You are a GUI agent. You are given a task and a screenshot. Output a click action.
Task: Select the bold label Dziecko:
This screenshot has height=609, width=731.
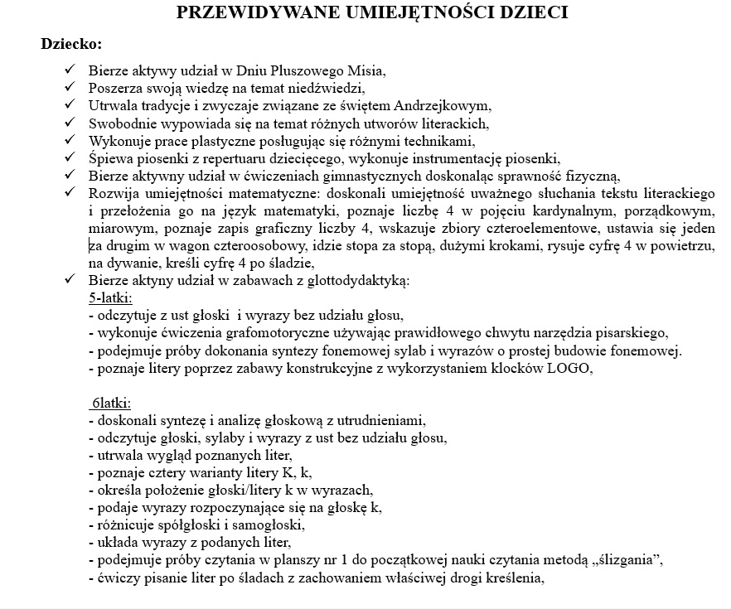pyautogui.click(x=71, y=43)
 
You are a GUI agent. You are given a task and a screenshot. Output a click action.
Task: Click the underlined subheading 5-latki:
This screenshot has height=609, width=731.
pyautogui.click(x=110, y=297)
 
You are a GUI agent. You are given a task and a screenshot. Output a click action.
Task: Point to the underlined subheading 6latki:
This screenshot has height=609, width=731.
pyautogui.click(x=110, y=404)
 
